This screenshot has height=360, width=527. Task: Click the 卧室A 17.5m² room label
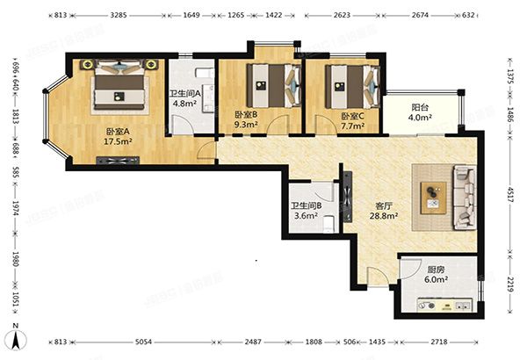tap(116, 138)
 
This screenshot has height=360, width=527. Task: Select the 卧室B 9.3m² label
tap(245, 120)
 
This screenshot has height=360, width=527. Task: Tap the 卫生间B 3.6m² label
tap(307, 212)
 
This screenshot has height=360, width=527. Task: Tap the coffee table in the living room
tap(433, 195)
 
